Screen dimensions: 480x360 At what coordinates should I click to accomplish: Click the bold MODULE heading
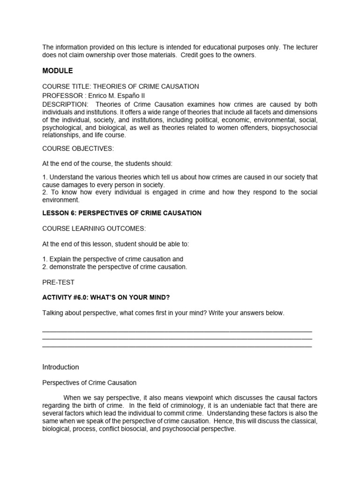tap(58, 71)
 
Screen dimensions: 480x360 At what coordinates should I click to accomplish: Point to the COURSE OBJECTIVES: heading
tap(78, 148)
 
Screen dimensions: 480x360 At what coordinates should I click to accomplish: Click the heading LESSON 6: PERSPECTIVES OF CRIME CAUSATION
tap(122, 213)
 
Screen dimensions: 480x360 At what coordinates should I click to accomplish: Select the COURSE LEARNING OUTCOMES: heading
tap(94, 228)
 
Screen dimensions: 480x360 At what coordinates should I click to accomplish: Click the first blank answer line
tap(177, 331)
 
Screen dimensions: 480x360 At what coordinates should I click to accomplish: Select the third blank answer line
tap(177, 346)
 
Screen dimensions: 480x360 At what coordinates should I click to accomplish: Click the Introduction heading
tap(60, 367)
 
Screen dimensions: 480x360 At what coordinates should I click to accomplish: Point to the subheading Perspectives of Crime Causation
tap(89, 382)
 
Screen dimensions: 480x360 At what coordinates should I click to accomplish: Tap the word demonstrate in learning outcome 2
tap(66, 267)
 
